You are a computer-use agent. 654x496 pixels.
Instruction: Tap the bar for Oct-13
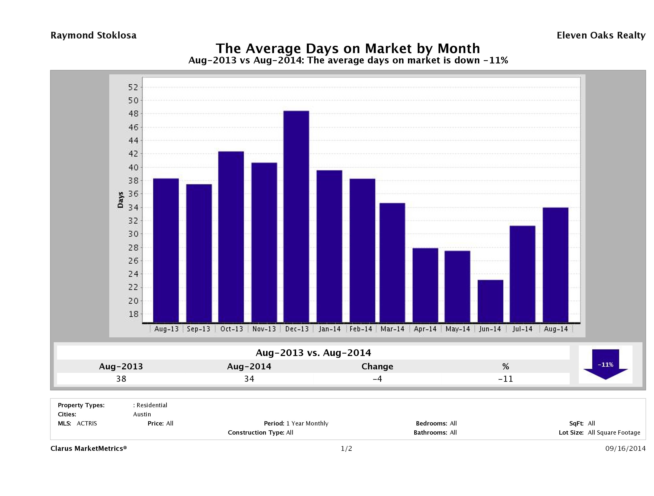coord(231,236)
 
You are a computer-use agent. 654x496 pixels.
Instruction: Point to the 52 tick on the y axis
coord(133,87)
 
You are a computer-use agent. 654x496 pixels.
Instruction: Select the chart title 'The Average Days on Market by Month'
coord(348,48)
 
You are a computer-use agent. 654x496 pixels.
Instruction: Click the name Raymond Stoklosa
coord(93,35)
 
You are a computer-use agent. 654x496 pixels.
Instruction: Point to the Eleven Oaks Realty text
coord(601,35)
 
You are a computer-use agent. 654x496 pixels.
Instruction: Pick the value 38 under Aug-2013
coord(121,379)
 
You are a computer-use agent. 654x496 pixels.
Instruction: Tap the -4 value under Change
coord(377,379)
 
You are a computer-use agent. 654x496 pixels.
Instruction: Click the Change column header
coord(377,367)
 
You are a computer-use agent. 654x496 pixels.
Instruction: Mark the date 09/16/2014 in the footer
coord(625,448)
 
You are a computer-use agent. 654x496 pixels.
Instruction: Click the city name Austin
coord(142,414)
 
